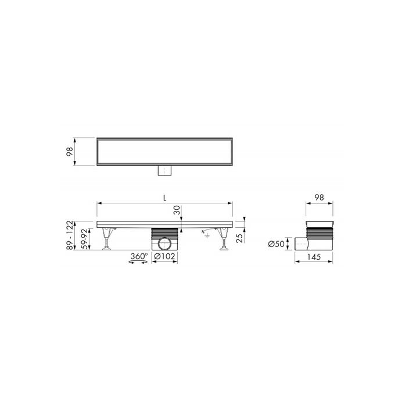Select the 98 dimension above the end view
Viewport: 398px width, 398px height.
318,198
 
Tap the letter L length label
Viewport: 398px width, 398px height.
165,197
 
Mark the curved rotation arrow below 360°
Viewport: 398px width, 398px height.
137,263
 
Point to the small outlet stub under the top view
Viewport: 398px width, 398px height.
165,171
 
